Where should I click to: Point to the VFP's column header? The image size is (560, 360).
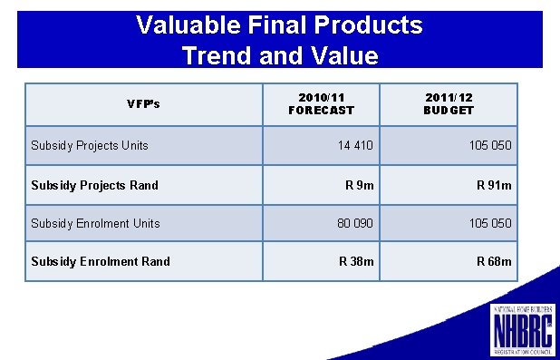pos(143,103)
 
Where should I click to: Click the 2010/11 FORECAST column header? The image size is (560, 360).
pos(321,103)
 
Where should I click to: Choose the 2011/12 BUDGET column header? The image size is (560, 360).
pos(449,103)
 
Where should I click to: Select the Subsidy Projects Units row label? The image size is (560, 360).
pos(90,145)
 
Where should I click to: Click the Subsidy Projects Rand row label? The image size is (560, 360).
pos(94,185)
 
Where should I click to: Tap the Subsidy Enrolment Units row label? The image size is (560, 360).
pos(95,223)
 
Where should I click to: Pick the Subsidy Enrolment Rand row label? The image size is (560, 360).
pos(100,261)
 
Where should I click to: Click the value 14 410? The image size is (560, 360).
pos(354,145)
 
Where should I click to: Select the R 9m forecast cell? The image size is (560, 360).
pos(359,185)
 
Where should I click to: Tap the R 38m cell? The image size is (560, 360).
pos(356,261)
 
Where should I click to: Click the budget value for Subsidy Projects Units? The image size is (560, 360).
pos(489,145)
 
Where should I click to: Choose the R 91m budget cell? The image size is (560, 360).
pos(494,185)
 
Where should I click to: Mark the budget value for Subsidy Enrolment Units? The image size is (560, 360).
pos(489,223)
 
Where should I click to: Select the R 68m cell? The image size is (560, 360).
pos(494,261)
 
